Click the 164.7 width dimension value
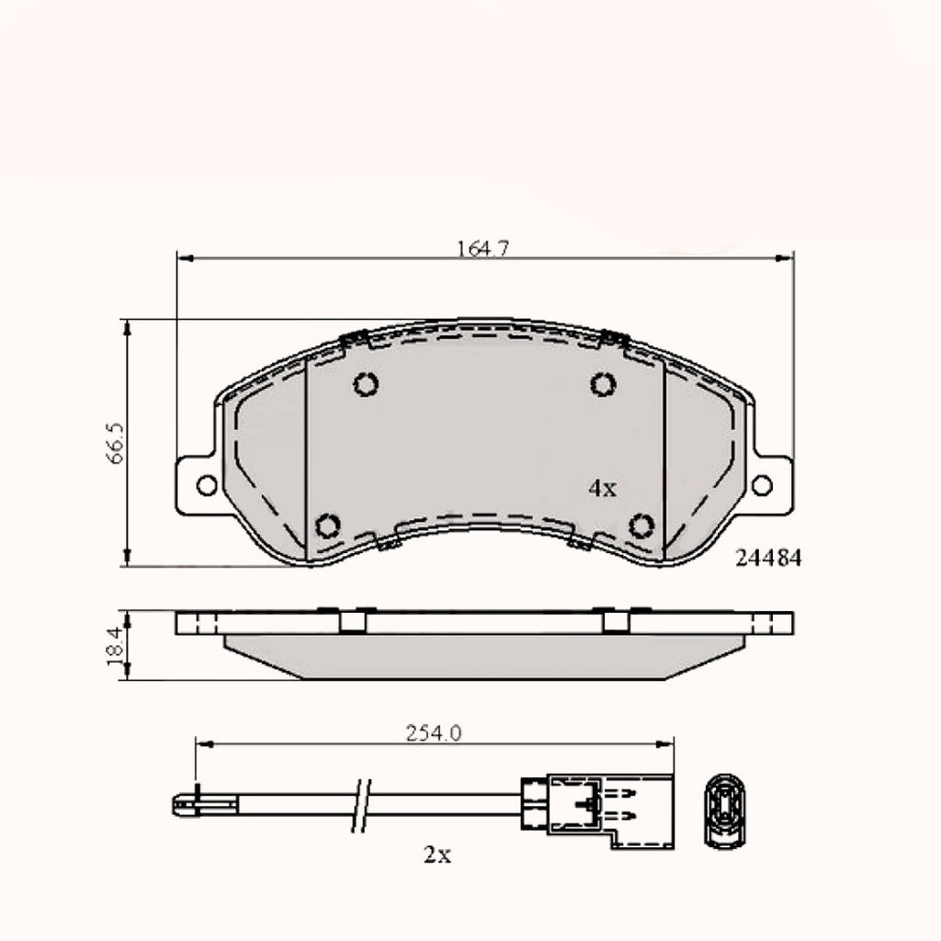pyautogui.click(x=482, y=248)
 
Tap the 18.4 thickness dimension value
pyautogui.click(x=115, y=646)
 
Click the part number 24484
pyautogui.click(x=769, y=558)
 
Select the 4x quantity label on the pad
pyautogui.click(x=602, y=489)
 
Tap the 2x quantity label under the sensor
pyautogui.click(x=437, y=856)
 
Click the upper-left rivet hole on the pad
pyautogui.click(x=366, y=384)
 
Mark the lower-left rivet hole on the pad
pyautogui.click(x=328, y=526)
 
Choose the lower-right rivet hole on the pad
pyautogui.click(x=641, y=526)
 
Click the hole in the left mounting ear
pyautogui.click(x=207, y=484)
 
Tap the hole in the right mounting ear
pyautogui.click(x=762, y=484)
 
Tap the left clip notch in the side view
pyautogui.click(x=352, y=622)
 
